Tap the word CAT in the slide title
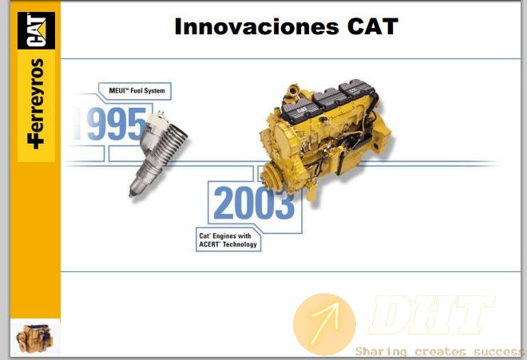(373, 26)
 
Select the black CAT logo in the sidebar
(36, 30)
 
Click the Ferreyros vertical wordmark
(36, 104)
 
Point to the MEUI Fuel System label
(137, 90)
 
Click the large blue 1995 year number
(111, 124)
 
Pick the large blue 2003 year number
(254, 204)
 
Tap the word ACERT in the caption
(209, 244)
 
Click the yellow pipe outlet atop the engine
(293, 89)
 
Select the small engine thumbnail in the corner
(34, 338)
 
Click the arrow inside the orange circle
(325, 323)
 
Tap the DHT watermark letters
(432, 315)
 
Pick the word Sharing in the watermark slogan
(381, 351)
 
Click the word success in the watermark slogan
(499, 351)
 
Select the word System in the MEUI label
(154, 90)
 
